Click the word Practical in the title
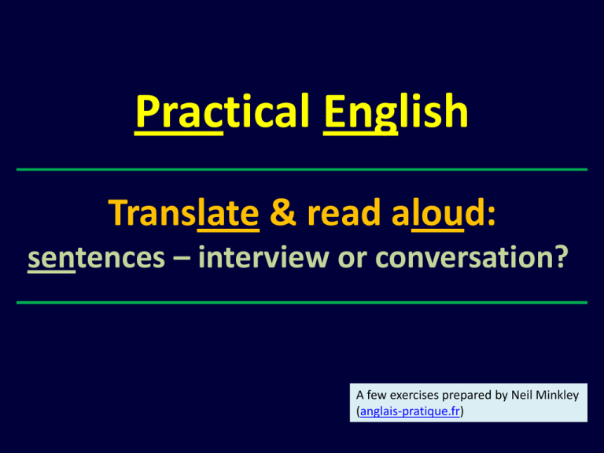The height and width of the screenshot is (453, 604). click(x=223, y=112)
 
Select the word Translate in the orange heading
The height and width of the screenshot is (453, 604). click(x=184, y=213)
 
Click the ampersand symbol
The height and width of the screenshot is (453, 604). click(x=283, y=212)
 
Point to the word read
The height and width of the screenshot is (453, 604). click(x=344, y=212)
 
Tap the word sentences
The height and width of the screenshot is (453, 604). click(x=96, y=258)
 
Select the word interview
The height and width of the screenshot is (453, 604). click(x=264, y=256)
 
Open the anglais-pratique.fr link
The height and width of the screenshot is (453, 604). click(x=410, y=411)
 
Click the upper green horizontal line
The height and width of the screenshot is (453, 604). click(x=302, y=170)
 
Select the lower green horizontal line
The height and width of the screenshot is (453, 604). click(x=302, y=303)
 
